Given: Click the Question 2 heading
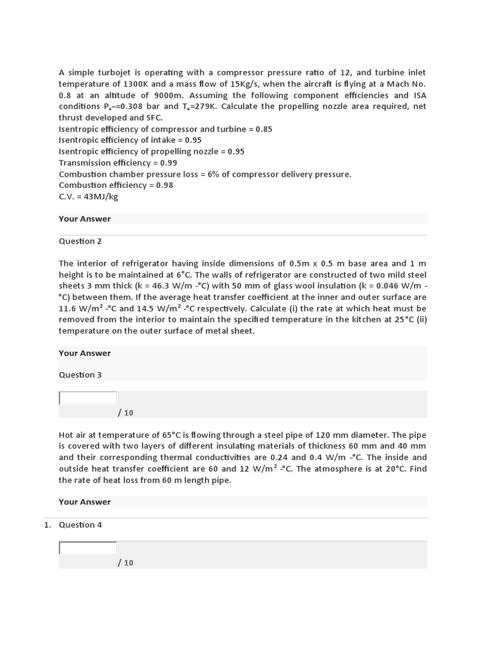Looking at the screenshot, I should point(80,241).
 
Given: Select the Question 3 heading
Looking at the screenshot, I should point(80,375).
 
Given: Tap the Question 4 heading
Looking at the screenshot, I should point(80,525).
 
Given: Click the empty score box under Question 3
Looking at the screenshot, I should point(88,398).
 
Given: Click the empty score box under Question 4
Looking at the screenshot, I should point(88,548).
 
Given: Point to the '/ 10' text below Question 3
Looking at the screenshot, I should point(125,413).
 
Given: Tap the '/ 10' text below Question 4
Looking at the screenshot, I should point(125,563).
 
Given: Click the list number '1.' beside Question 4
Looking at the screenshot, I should point(47,525).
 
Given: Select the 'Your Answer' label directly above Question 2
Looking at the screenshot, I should point(85,219).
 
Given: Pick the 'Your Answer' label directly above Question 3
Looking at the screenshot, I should point(85,353).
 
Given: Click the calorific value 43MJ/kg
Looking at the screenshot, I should point(101,196).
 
